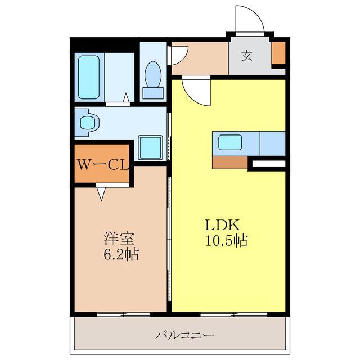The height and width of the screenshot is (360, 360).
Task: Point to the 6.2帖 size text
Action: pos(120,254)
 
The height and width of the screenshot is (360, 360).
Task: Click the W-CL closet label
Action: pos(103,165)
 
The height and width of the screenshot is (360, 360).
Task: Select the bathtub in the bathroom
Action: pos(89,77)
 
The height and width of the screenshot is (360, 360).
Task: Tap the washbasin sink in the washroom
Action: pos(88,121)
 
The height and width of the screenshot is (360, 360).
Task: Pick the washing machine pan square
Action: pos(151,147)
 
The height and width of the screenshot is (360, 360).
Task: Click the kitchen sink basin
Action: pos(230,142)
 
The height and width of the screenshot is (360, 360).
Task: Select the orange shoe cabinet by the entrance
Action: pos(278,52)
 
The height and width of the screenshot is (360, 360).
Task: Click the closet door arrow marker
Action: pos(102,193)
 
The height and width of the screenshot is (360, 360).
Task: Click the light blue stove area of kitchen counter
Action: pos(272,143)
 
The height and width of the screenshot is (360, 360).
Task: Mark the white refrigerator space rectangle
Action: pos(268,164)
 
